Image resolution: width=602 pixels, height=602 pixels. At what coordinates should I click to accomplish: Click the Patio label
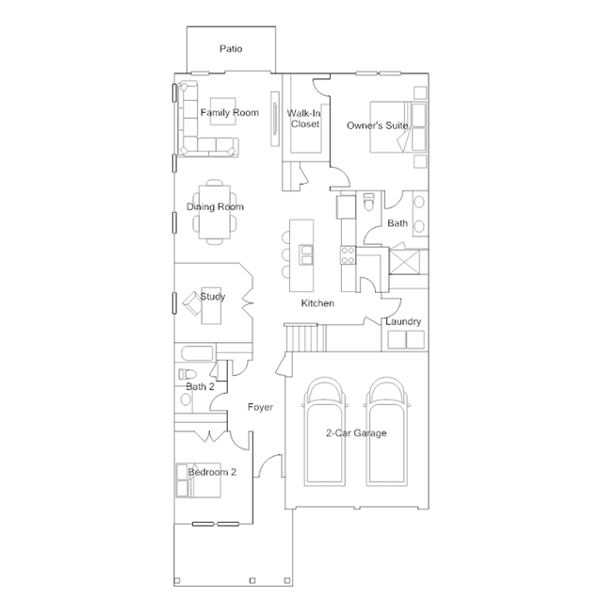pyautogui.click(x=231, y=49)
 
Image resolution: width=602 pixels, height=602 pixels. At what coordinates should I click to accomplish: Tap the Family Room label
pyautogui.click(x=230, y=112)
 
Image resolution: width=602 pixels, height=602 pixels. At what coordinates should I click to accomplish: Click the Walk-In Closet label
pyautogui.click(x=304, y=119)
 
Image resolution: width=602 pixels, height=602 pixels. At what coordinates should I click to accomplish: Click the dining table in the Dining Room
pyautogui.click(x=215, y=212)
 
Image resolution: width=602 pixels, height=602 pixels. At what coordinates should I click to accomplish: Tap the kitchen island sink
pyautogui.click(x=306, y=255)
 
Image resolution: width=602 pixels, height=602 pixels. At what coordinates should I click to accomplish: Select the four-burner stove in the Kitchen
pyautogui.click(x=348, y=255)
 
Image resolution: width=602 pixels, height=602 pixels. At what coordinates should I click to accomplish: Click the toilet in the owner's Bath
pyautogui.click(x=368, y=202)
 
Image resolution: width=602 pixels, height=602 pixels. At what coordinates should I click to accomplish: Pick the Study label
pyautogui.click(x=212, y=297)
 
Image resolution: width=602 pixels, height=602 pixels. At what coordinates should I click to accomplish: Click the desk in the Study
pyautogui.click(x=211, y=305)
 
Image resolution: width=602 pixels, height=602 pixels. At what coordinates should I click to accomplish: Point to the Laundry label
pyautogui.click(x=403, y=321)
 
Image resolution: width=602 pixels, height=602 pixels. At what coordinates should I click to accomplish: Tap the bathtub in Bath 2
pyautogui.click(x=197, y=353)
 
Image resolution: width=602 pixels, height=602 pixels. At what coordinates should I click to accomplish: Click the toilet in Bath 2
pyautogui.click(x=187, y=374)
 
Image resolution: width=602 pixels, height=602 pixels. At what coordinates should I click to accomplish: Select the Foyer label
pyautogui.click(x=260, y=407)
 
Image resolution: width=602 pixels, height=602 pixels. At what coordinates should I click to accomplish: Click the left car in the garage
pyautogui.click(x=324, y=431)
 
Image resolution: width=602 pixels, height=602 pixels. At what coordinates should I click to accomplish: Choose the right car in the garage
pyautogui.click(x=387, y=431)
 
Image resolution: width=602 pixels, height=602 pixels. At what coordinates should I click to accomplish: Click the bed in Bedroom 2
pyautogui.click(x=199, y=480)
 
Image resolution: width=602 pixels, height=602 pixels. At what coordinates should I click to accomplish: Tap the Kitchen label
pyautogui.click(x=317, y=303)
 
